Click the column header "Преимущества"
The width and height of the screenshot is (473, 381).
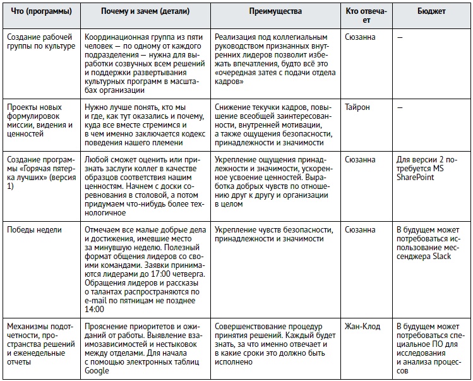click(x=275, y=12)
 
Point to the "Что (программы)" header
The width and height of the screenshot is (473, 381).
click(x=39, y=12)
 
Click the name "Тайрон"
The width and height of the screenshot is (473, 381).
click(x=357, y=107)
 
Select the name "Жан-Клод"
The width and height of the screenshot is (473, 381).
click(x=363, y=326)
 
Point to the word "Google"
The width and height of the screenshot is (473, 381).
click(x=97, y=371)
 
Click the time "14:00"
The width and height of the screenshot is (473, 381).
click(x=94, y=310)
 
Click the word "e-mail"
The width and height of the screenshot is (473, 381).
click(x=99, y=301)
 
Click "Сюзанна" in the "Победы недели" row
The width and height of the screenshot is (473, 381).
click(x=360, y=229)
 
